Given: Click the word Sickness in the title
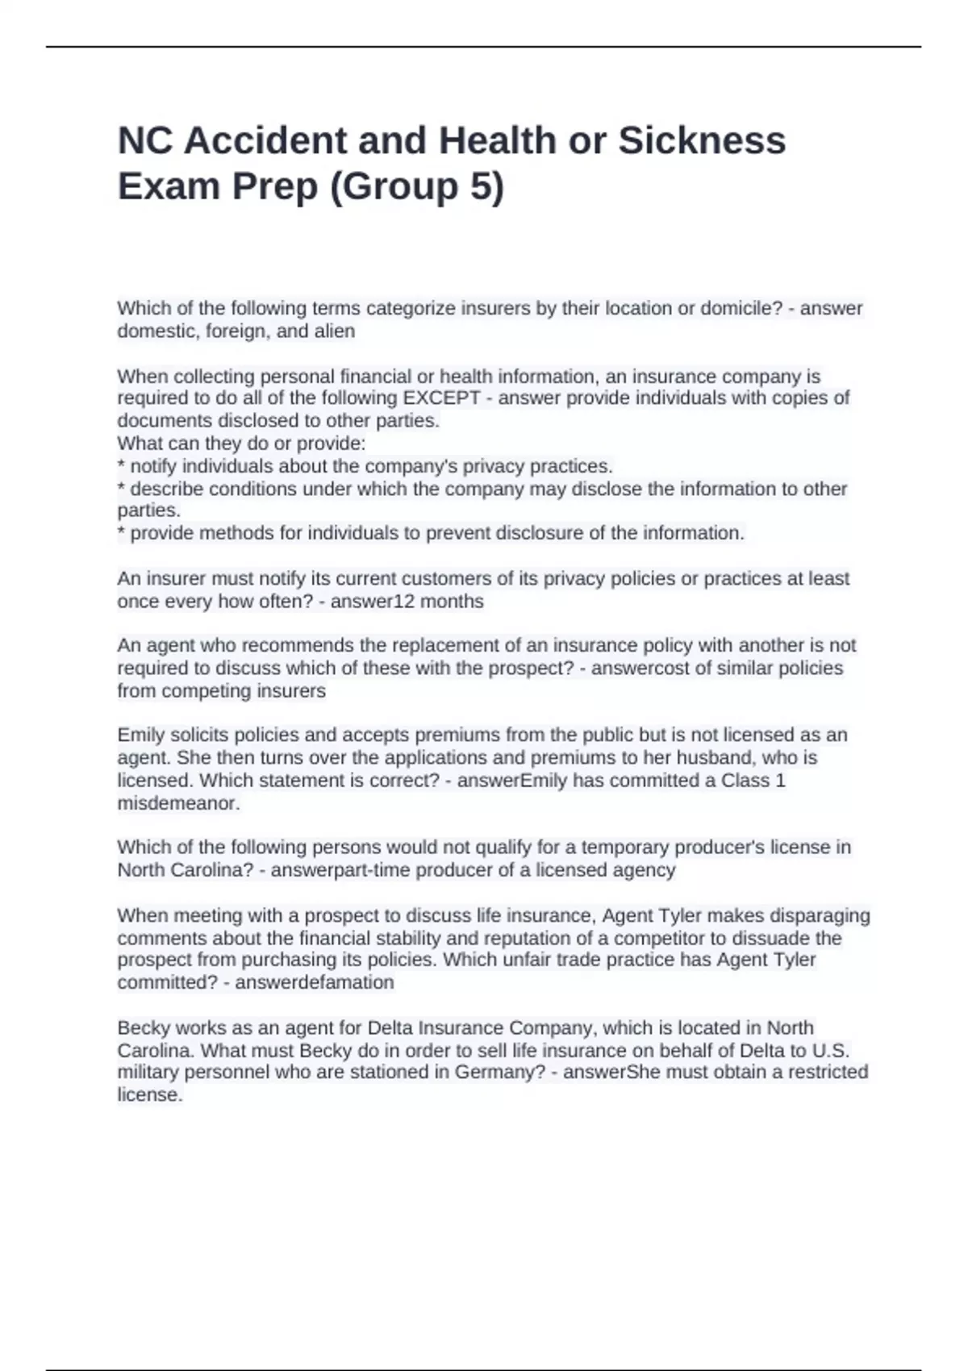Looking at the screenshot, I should pos(701,140).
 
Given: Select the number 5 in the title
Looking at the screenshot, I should pos(479,186).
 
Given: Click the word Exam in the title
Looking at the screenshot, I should pos(169,186).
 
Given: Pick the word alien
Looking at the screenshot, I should pos(336,331).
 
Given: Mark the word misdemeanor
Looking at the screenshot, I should pos(178,803).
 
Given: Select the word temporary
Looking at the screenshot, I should pos(625,847).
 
